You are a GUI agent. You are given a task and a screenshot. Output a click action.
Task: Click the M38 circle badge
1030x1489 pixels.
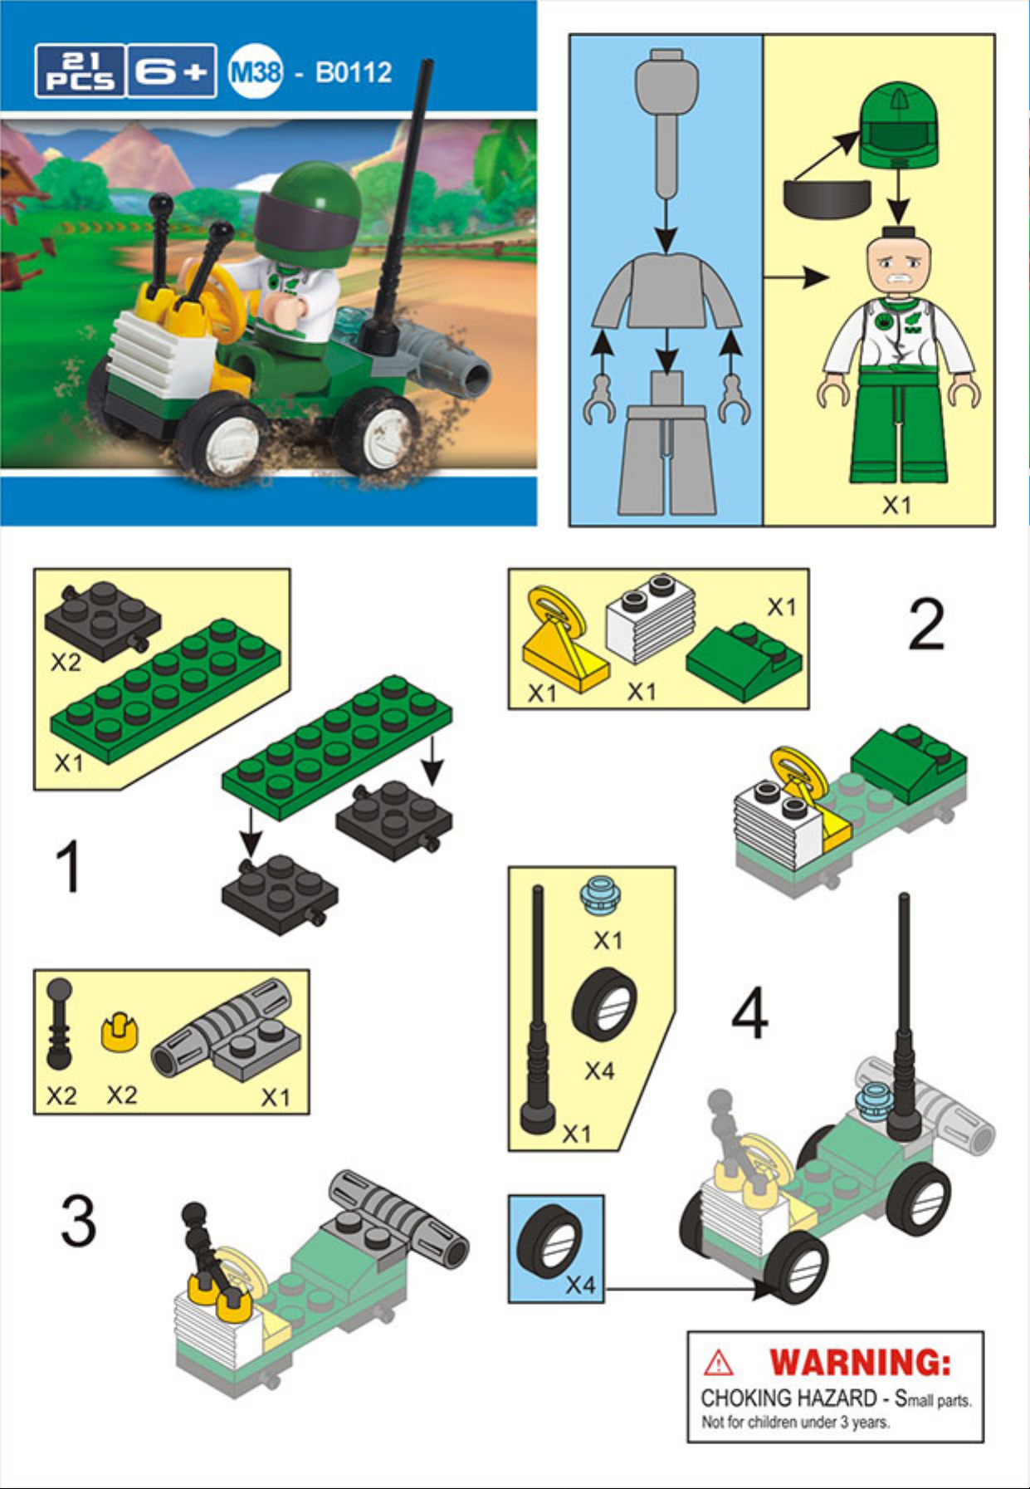pos(256,71)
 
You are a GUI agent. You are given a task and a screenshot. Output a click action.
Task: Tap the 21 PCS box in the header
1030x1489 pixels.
pos(80,71)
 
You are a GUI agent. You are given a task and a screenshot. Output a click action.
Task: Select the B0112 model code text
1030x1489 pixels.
pos(354,72)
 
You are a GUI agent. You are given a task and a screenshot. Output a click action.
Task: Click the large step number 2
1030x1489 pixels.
pos(926,624)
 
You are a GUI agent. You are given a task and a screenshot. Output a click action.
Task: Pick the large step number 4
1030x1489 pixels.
pos(749,1013)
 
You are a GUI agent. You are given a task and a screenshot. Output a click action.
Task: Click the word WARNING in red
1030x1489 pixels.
pos(860,1363)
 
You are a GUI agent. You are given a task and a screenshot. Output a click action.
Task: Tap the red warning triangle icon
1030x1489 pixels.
pos(718,1363)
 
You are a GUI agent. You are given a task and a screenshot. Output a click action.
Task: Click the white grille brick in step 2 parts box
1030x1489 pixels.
pos(651,618)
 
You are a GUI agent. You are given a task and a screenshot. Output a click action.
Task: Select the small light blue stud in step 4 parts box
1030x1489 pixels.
pos(596,894)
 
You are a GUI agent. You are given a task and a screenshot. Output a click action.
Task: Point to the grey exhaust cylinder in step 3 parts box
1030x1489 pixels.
pos(222,1028)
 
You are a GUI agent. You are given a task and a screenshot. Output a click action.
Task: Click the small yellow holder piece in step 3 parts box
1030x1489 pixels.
pos(120,1031)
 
